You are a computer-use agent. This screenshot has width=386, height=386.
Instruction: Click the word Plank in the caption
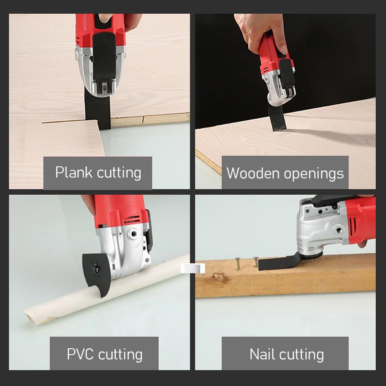click(x=74, y=172)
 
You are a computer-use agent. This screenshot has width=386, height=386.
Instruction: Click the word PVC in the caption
click(x=80, y=355)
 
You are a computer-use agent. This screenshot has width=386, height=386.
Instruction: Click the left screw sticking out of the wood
click(x=237, y=262)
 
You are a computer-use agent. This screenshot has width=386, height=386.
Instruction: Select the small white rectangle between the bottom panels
click(x=193, y=268)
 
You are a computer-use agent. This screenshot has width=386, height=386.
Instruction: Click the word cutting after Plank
click(x=119, y=172)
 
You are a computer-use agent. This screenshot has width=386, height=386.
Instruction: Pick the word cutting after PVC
click(x=120, y=355)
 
